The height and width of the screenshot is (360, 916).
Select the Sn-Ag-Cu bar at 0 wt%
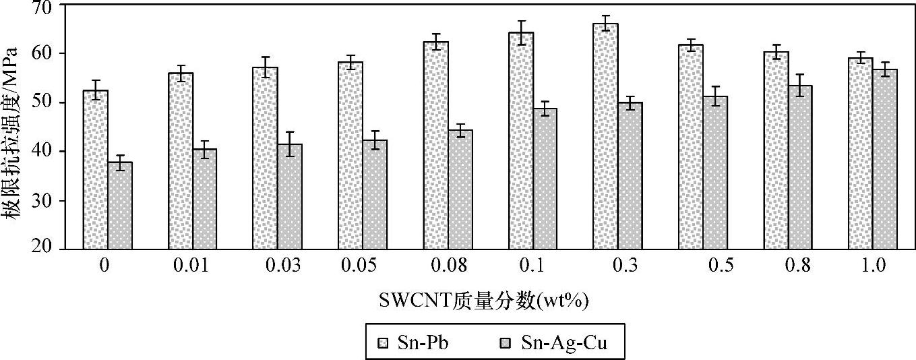click(120, 206)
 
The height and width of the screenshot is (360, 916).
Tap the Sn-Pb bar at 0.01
click(181, 161)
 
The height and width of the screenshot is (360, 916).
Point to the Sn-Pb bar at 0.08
click(435, 146)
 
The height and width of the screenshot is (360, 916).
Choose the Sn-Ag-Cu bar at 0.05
click(375, 195)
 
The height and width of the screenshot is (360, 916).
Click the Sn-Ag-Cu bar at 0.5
click(715, 173)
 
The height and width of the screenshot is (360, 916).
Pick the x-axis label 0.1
click(532, 266)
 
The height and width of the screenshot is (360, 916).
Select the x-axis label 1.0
click(874, 266)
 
